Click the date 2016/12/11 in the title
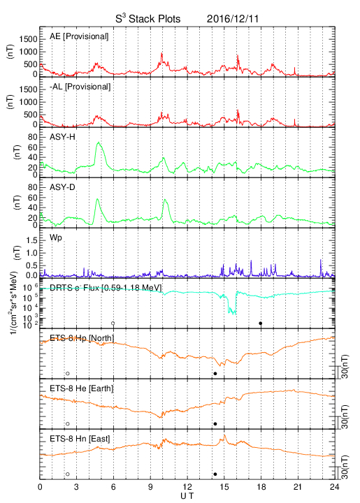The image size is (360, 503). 232,19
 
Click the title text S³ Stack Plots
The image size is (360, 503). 148,19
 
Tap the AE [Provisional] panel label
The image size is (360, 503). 79,36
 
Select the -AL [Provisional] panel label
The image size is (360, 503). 80,87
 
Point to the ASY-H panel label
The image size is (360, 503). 62,137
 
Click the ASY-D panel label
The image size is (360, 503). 62,187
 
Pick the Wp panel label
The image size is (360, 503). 56,238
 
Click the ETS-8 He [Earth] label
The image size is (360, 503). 82,388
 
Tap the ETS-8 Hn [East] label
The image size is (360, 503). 80,439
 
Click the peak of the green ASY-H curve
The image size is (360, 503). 99,142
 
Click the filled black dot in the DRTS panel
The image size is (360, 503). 261,323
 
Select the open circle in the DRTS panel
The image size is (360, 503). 113,323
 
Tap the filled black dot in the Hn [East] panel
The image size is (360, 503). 215,474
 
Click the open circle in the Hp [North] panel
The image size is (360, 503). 68,373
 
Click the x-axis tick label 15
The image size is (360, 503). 224,487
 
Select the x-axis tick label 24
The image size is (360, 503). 335,487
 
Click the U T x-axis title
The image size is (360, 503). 187,496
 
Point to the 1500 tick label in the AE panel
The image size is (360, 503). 28,39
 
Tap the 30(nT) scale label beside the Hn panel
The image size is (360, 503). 345,467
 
